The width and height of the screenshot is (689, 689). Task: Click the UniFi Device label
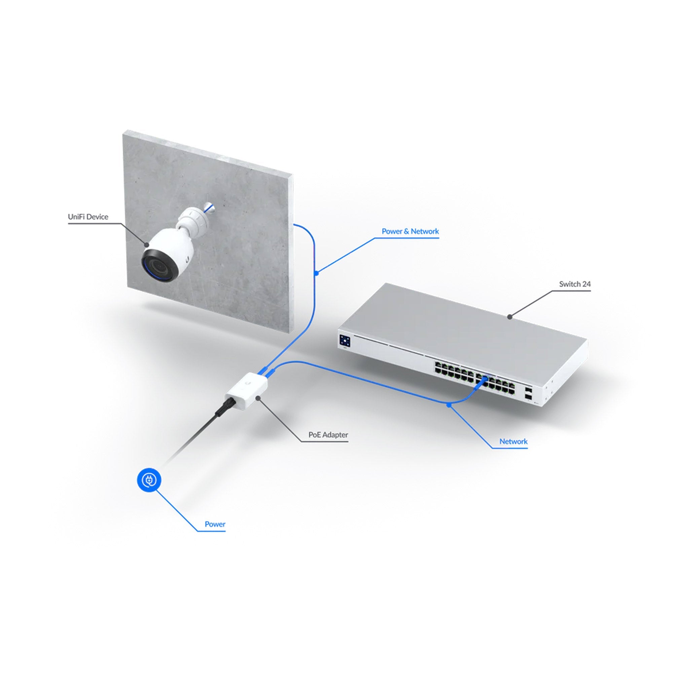pos(88,217)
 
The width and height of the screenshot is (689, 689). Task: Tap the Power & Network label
pos(410,231)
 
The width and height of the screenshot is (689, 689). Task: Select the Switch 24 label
pos(575,284)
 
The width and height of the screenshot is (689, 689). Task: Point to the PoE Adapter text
pos(328,435)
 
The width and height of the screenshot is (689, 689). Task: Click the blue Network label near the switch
pos(513,441)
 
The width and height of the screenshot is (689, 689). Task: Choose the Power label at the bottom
pos(215,524)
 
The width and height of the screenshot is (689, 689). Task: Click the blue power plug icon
pos(149,480)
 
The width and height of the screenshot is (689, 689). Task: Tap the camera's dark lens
pos(159,266)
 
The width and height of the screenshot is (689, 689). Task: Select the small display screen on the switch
pos(345,340)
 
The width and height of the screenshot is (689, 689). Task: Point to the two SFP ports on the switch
pos(528,392)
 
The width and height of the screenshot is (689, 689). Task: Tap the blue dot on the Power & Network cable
pos(316,274)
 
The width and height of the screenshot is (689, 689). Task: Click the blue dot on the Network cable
pos(449,405)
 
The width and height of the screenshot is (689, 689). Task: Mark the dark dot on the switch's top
pos(510,316)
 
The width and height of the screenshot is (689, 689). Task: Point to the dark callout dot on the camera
pos(146,244)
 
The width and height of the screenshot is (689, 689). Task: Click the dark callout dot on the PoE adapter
pos(258,397)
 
